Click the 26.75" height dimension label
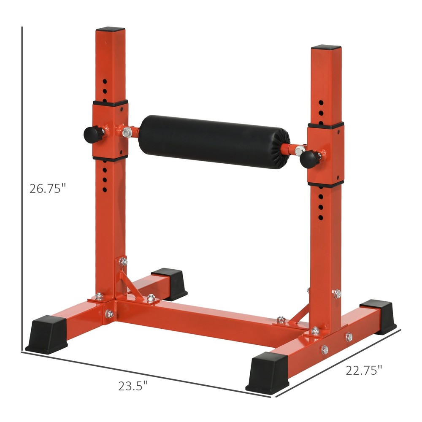pyautogui.click(x=48, y=188)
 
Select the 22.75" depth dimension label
pyautogui.click(x=364, y=370)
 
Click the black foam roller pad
pyautogui.click(x=214, y=141)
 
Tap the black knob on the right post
pyautogui.click(x=309, y=158)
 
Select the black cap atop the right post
pyautogui.click(x=326, y=47)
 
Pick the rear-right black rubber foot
pyautogui.click(x=378, y=316)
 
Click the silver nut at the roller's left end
pyautogui.click(x=127, y=133)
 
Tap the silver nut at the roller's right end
pyautogui.click(x=300, y=149)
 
